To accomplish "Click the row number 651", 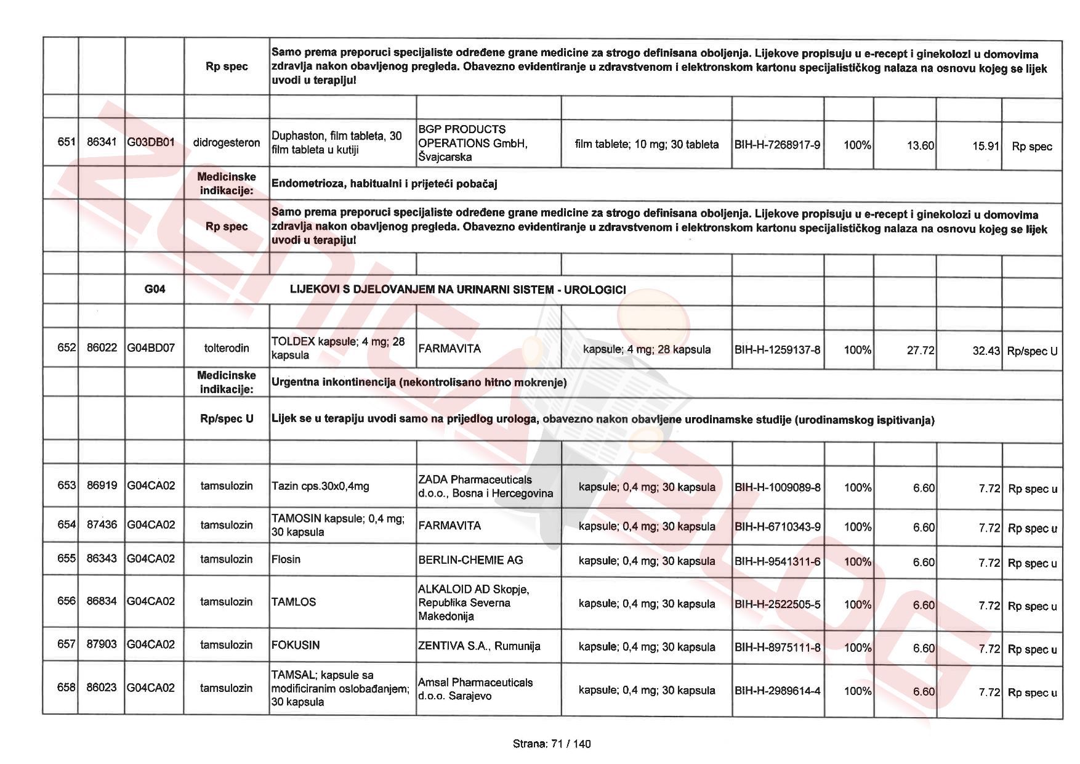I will point(66,142).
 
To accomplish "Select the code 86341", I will point(102,142).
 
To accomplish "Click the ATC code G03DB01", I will point(151,142).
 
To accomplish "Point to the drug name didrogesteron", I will point(227,143).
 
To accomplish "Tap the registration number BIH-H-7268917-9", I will point(777,145).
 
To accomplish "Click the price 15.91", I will point(986,147).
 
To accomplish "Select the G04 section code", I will point(155,289).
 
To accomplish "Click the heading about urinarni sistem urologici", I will point(457,290).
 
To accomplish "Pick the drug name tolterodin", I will point(227,348).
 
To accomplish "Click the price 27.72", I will point(921,351).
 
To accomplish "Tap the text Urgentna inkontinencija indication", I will point(419,383).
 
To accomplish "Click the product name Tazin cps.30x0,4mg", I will point(320,486).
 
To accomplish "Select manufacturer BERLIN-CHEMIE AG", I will point(470,560).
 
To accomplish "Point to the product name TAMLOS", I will point(294,602).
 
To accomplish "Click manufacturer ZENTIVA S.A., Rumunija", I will point(479,646).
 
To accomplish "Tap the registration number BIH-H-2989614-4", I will point(777,691).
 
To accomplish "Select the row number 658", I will point(66,688).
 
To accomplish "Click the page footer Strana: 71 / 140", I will point(551,744).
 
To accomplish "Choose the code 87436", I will point(102,525).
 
